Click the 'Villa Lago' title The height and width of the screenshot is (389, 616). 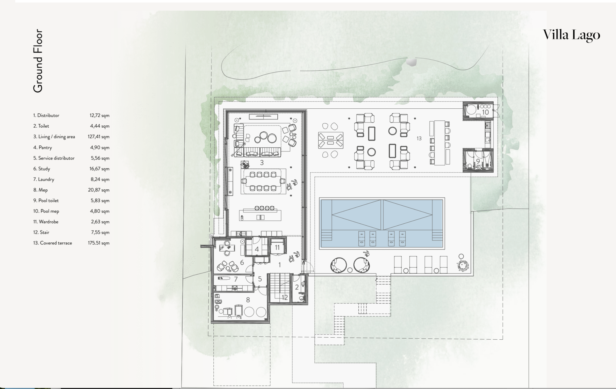point(571,35)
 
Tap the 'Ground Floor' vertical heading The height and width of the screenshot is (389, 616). point(38,61)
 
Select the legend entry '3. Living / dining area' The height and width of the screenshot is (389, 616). point(54,137)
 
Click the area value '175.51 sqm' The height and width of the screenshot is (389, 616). point(99,243)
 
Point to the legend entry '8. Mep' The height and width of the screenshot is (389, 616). point(40,190)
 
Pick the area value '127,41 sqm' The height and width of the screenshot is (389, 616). point(99,137)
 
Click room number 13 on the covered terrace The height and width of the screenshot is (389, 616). point(419,138)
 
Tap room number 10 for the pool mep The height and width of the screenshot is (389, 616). point(485,112)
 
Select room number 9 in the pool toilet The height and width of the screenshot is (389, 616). point(478,161)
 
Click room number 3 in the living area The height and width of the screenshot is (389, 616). point(262,163)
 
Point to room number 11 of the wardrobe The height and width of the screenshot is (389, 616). point(277,247)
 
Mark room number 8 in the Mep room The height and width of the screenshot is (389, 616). point(248,300)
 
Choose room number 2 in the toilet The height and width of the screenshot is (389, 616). point(297,287)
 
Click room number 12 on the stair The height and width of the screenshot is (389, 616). point(285,298)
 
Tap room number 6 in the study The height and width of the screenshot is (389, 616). point(242,262)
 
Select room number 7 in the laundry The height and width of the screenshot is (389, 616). point(236,279)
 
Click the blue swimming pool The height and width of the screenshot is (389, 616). point(382,223)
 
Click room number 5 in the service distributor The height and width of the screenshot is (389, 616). point(260,279)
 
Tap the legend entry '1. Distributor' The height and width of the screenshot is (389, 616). point(46,115)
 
